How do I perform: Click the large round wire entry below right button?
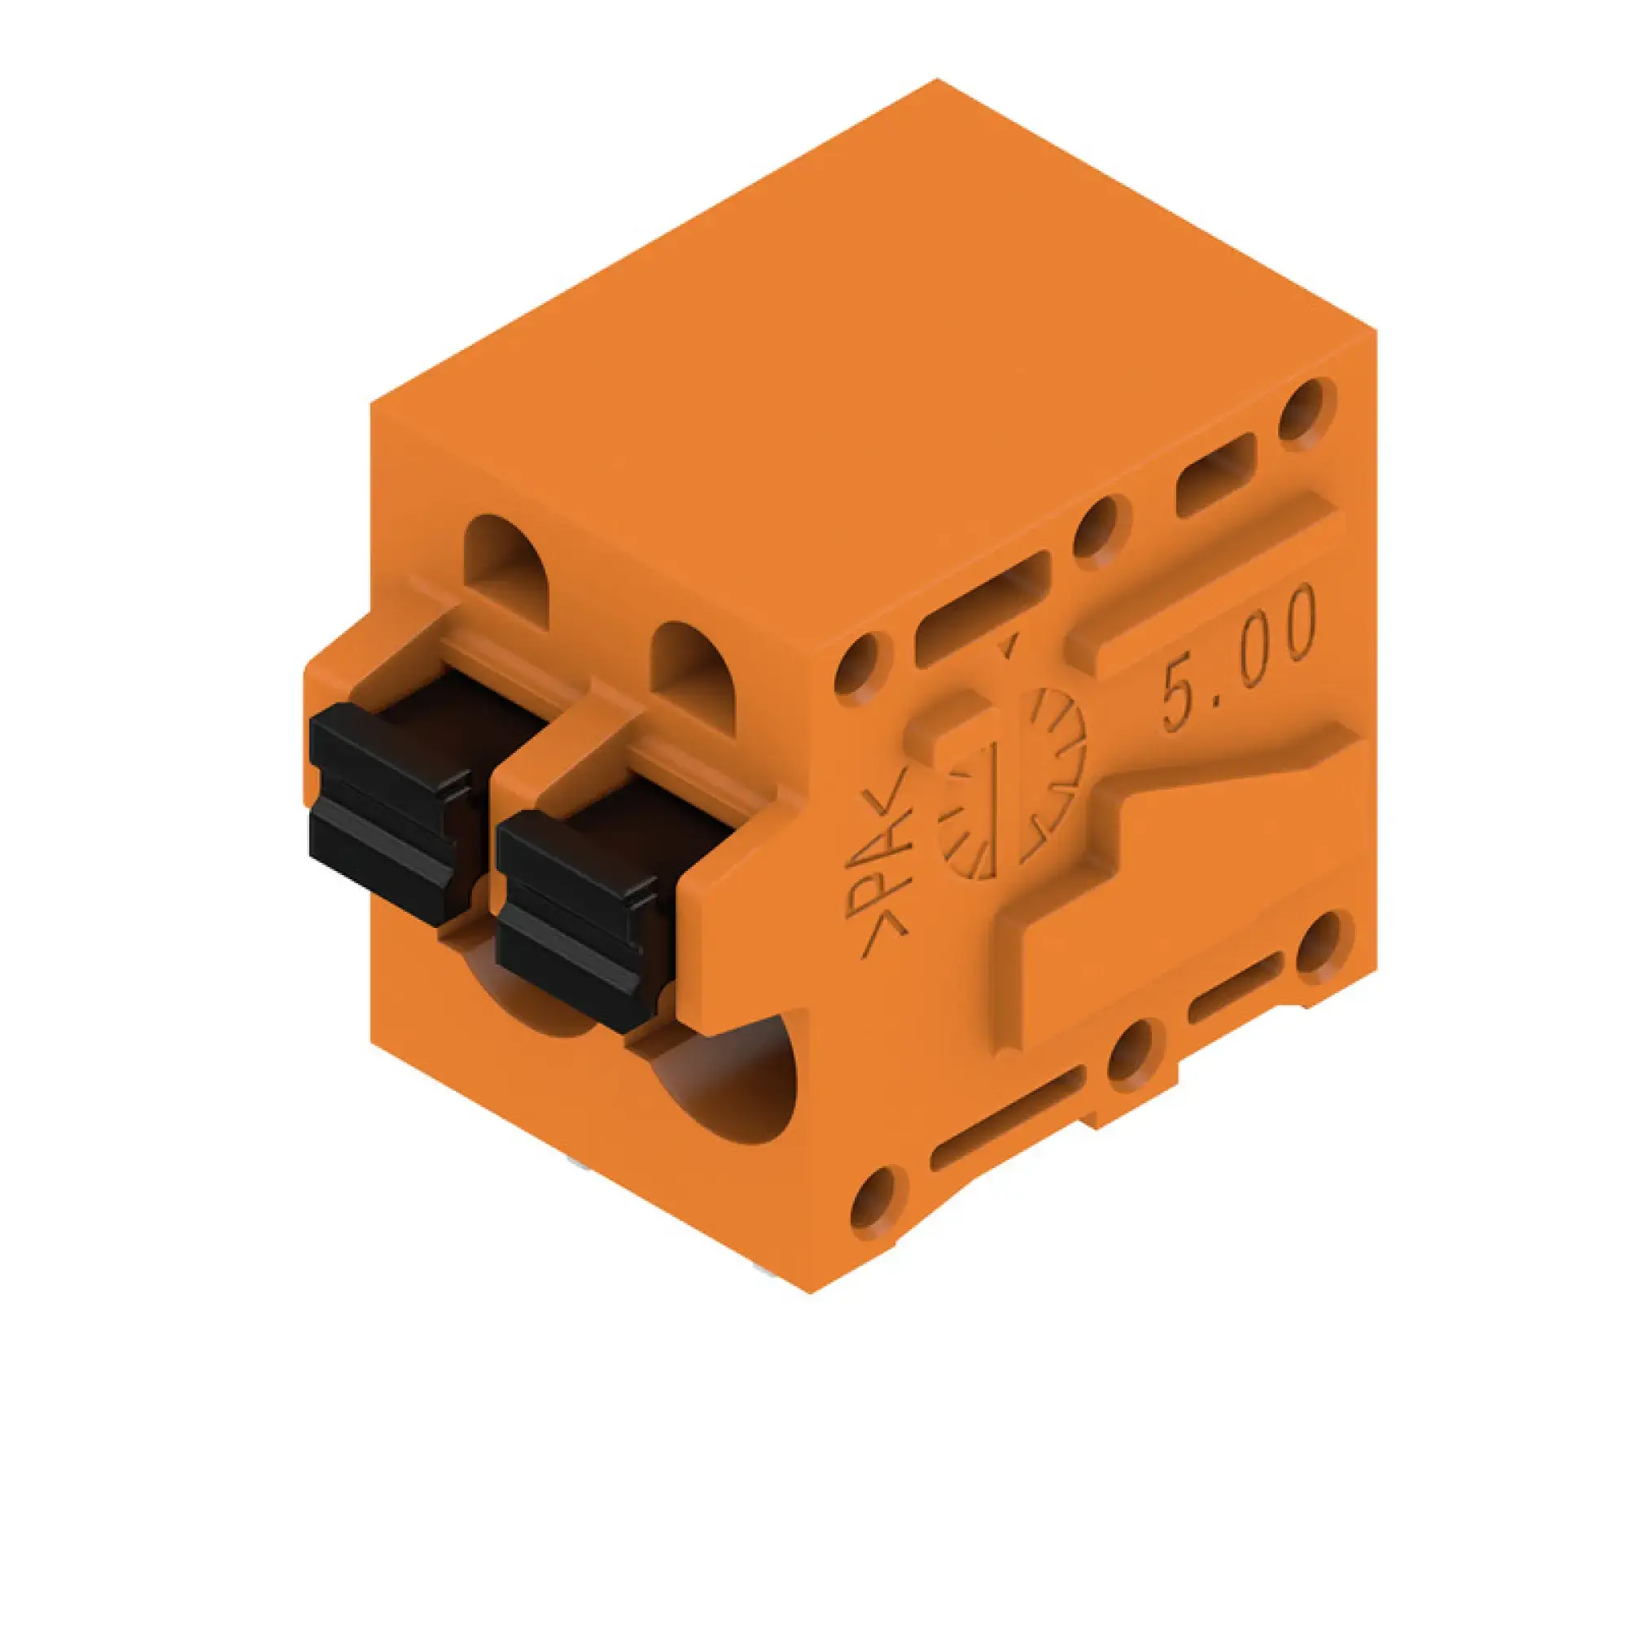724,1087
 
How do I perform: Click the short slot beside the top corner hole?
1215,475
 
